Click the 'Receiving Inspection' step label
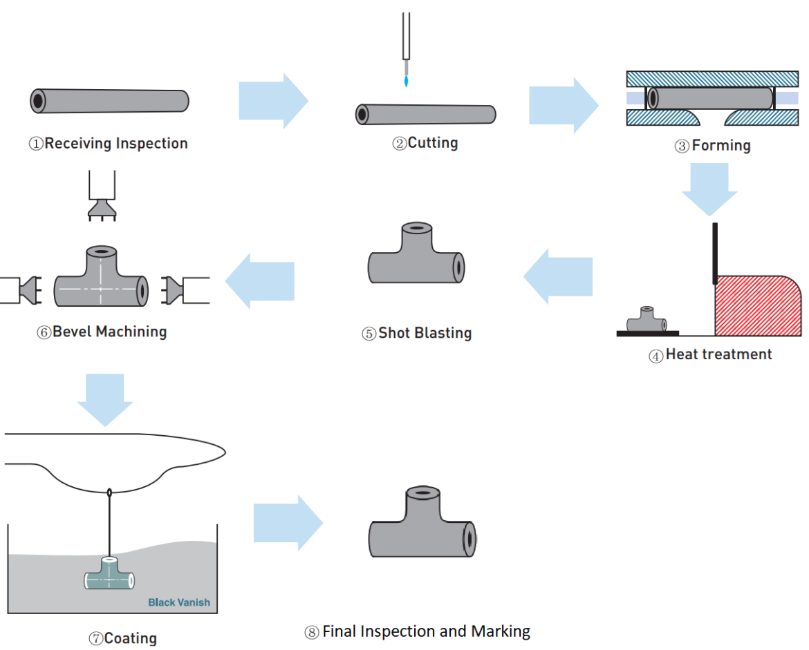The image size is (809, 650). click(108, 144)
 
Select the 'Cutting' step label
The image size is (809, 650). click(425, 143)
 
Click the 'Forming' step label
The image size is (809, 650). click(713, 145)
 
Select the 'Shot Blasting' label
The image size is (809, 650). click(416, 333)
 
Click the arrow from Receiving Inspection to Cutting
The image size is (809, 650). click(272, 101)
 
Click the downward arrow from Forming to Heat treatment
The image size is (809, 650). click(709, 189)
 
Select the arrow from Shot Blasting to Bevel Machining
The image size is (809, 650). click(260, 280)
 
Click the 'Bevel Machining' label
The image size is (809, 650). click(102, 332)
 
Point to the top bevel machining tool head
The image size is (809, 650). click(102, 207)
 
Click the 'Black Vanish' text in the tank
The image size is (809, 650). click(178, 602)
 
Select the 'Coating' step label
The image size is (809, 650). click(122, 638)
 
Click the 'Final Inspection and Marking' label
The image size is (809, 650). click(417, 631)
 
